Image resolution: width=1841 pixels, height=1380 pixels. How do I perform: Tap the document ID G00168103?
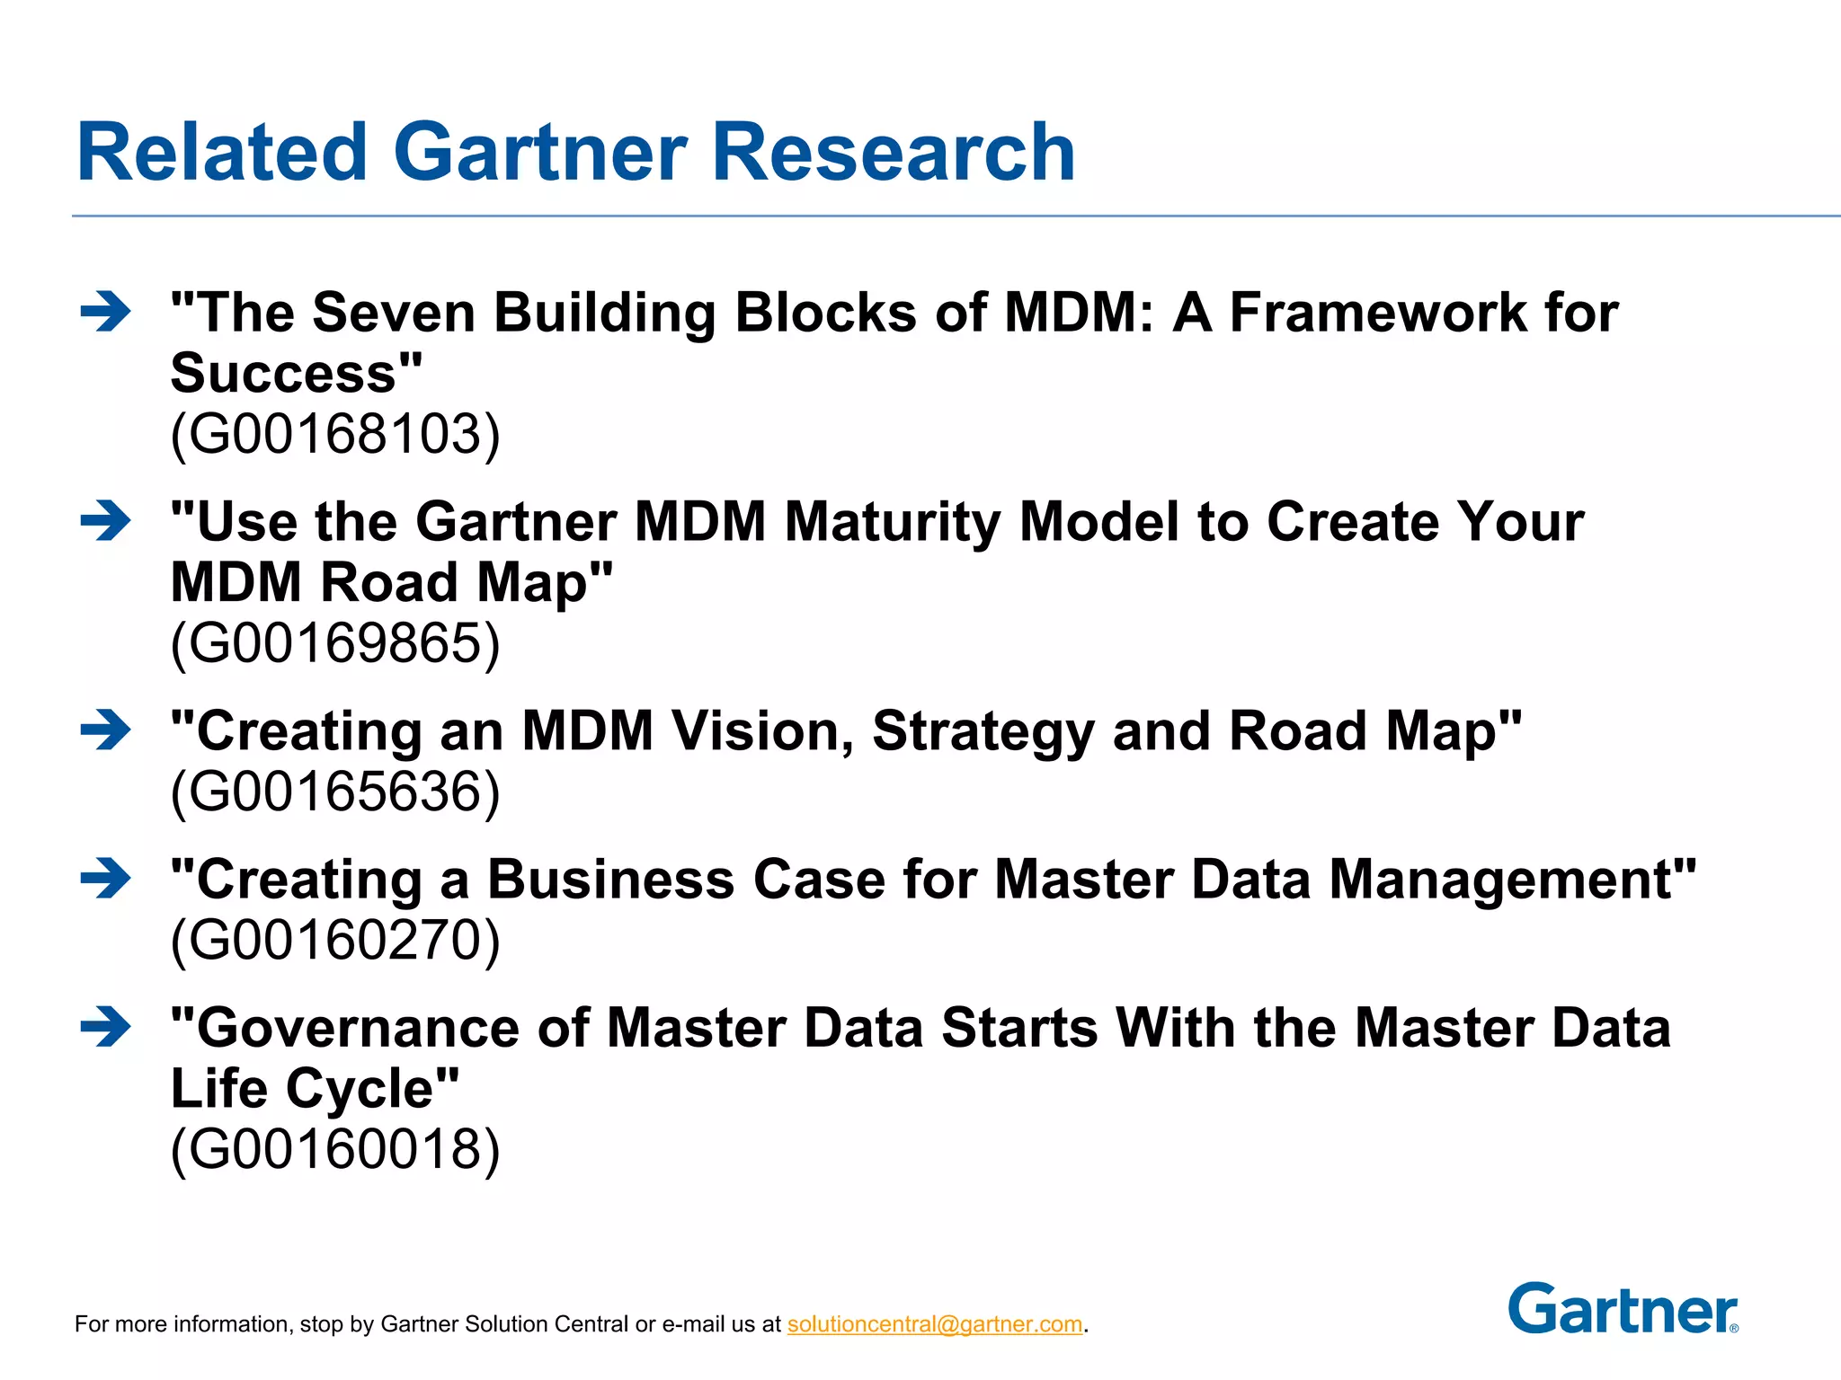(x=335, y=434)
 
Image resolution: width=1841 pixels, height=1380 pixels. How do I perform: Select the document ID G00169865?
(x=335, y=643)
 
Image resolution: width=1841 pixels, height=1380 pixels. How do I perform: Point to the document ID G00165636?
(x=335, y=792)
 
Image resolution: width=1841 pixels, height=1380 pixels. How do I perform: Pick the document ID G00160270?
(x=335, y=940)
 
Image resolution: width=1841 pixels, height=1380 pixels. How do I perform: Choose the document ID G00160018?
(x=335, y=1149)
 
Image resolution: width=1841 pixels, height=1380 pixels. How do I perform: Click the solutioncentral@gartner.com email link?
(x=935, y=1324)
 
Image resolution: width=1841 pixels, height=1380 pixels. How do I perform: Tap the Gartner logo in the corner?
(x=1623, y=1309)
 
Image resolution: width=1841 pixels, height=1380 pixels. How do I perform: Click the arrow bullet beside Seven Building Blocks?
(x=105, y=313)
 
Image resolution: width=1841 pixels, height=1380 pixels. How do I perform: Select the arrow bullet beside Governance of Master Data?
(x=105, y=1027)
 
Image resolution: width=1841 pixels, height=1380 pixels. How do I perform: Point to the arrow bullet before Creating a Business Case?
(x=105, y=879)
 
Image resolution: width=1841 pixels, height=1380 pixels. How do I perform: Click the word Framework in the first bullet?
(x=1378, y=313)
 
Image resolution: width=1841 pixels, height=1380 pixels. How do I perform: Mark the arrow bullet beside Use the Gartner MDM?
(x=105, y=521)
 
